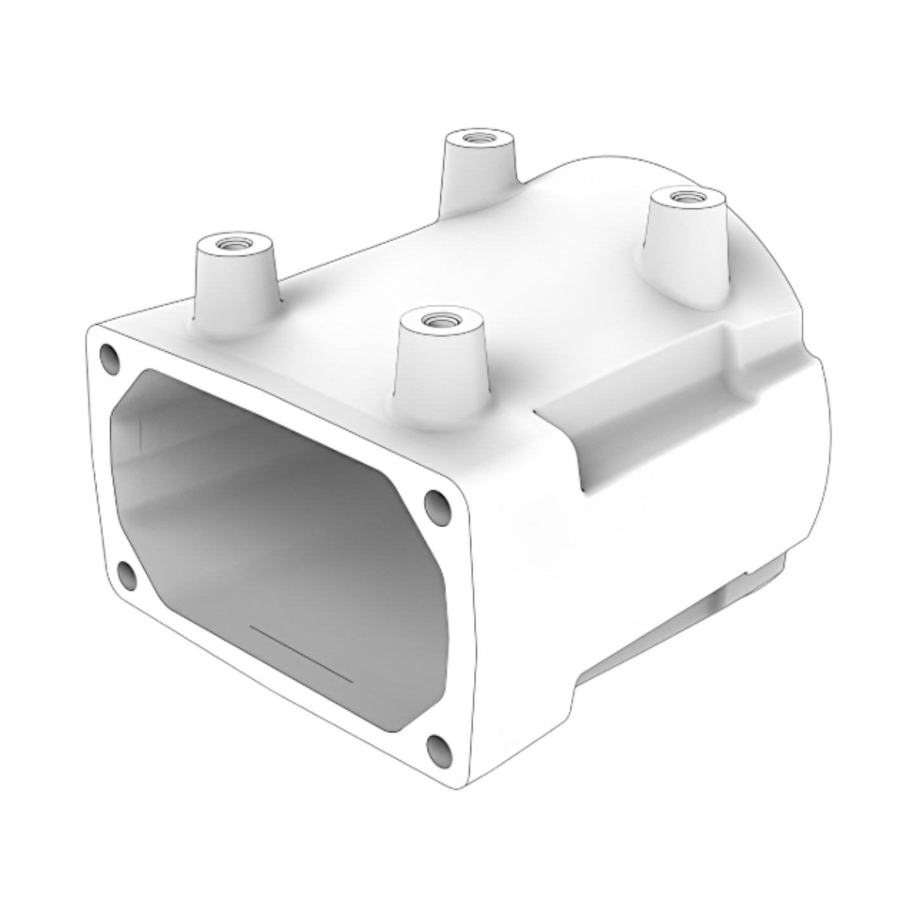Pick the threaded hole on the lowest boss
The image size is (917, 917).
[437, 318]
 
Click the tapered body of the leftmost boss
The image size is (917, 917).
[235, 286]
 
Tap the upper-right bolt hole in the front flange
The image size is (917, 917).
[437, 502]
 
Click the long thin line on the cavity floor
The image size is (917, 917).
[301, 653]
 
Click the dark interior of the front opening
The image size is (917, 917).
[279, 539]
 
